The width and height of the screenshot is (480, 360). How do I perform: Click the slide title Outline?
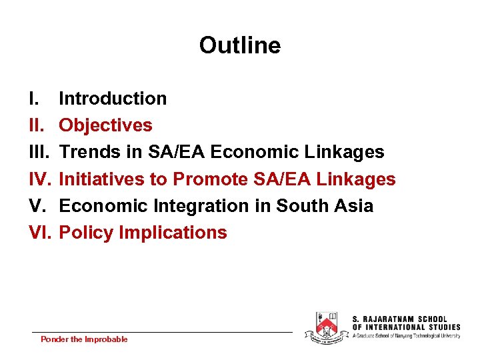(x=240, y=45)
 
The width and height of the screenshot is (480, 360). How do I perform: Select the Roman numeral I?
(x=33, y=99)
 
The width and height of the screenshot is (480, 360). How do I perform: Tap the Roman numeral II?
(x=35, y=125)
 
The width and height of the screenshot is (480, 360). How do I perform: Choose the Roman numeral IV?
(x=39, y=179)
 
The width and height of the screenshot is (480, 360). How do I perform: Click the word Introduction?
(x=113, y=99)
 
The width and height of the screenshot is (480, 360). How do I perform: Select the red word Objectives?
(x=105, y=125)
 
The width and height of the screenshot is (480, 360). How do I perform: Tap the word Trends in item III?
(x=87, y=152)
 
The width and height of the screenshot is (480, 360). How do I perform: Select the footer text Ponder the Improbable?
(x=84, y=339)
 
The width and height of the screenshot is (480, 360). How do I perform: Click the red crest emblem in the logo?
(x=326, y=327)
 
